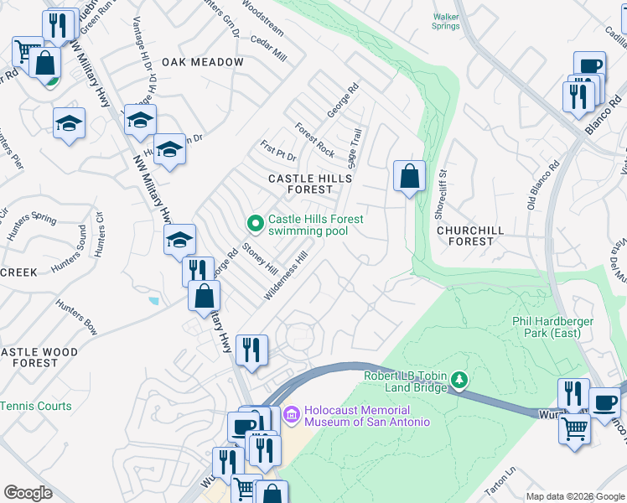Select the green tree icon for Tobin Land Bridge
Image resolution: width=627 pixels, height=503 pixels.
click(459, 381)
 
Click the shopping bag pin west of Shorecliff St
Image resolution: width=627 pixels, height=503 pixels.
click(409, 177)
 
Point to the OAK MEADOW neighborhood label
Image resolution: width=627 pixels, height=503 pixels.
click(203, 62)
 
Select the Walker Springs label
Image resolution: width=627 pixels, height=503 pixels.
click(446, 21)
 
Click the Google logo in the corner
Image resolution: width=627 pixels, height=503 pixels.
click(28, 493)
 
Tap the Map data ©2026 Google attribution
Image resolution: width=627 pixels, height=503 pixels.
click(575, 496)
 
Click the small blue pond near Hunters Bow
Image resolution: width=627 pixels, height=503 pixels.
click(152, 300)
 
